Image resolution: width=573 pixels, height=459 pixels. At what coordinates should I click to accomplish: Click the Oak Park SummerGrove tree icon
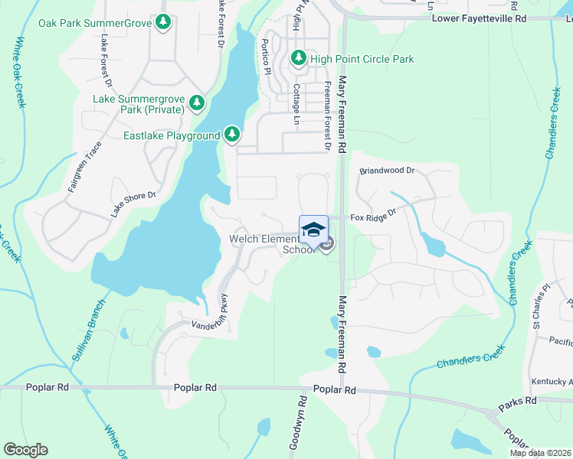tap(162, 23)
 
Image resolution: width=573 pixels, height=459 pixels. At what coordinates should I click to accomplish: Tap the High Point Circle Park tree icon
tap(299, 58)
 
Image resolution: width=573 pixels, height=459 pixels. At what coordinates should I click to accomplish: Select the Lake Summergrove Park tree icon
tap(197, 103)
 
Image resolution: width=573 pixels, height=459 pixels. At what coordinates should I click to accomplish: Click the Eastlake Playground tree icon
tap(232, 135)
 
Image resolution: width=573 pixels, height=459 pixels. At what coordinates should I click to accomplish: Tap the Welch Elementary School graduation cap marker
tap(313, 229)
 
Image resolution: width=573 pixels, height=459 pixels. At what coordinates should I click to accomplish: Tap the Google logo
tap(25, 450)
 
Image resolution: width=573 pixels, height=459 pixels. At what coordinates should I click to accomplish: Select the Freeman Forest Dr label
tap(327, 114)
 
